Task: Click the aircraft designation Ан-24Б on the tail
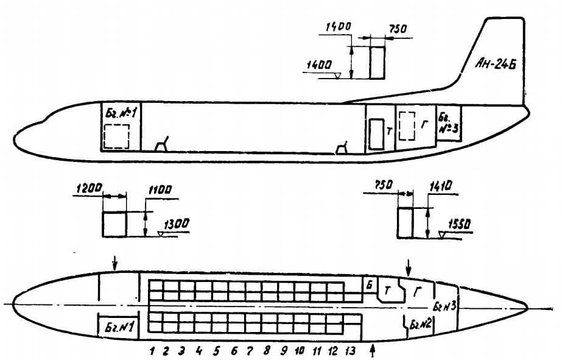(496, 64)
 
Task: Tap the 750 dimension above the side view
(398, 29)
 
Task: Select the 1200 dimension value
(90, 188)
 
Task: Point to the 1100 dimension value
(160, 189)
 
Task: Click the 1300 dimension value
(177, 224)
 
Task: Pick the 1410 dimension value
(441, 186)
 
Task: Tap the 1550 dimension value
(459, 224)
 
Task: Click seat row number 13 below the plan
(350, 350)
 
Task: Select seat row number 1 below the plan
(152, 351)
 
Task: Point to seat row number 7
(250, 350)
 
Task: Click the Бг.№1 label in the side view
(121, 113)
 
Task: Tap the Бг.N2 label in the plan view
(421, 325)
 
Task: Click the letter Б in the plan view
(369, 285)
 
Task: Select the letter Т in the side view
(389, 132)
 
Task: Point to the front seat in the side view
(162, 144)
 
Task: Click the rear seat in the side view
(342, 149)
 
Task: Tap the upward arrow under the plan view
(373, 350)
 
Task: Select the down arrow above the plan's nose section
(114, 263)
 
